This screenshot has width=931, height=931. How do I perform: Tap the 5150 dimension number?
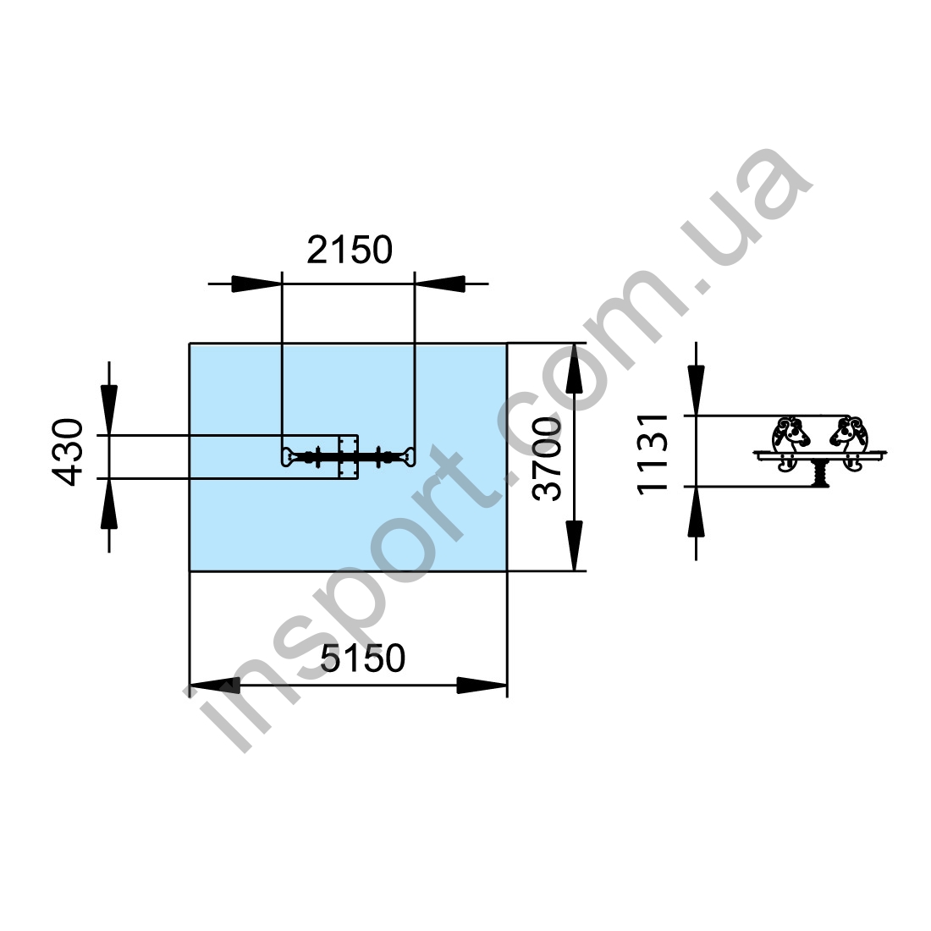363,658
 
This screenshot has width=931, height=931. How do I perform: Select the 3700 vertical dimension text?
547,459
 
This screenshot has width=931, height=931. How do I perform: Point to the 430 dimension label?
67,453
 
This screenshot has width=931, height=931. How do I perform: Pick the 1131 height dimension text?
653,453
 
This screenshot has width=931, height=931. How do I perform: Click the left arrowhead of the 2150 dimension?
256,284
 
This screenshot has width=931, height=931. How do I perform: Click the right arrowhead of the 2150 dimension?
440,284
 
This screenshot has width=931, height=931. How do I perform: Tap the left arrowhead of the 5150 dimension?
215,686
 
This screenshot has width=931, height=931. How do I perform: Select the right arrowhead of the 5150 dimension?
482,686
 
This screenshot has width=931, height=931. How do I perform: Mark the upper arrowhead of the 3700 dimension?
574,369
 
